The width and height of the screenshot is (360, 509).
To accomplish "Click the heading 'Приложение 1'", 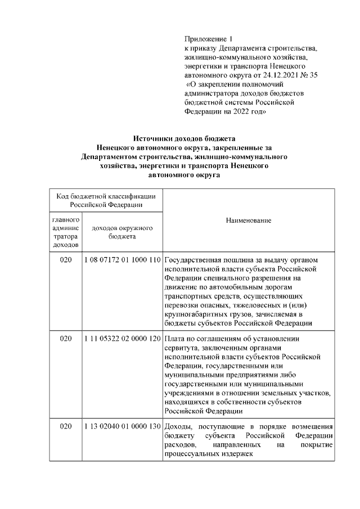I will (x=208, y=39).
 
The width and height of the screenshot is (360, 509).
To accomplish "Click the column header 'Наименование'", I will (x=249, y=221).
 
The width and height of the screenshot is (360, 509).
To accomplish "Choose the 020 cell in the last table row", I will (x=66, y=426).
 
